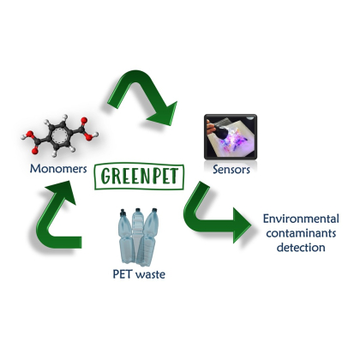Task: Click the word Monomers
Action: [x=58, y=169]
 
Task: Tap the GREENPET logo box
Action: [x=139, y=177]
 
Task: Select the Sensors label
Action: [x=231, y=170]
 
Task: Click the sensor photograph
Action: [x=231, y=137]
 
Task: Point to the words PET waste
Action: [x=139, y=274]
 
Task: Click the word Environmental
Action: [x=301, y=219]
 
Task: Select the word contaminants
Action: [x=301, y=233]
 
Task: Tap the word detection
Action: [x=301, y=248]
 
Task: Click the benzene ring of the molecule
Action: [x=59, y=135]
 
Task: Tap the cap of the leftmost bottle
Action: [x=123, y=212]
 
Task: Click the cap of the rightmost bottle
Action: [x=154, y=210]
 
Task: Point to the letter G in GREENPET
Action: [x=107, y=176]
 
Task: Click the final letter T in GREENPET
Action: [x=173, y=176]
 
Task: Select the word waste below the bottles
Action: [x=150, y=274]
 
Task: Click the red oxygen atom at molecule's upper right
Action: [x=84, y=121]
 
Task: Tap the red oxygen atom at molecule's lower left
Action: [x=35, y=151]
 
